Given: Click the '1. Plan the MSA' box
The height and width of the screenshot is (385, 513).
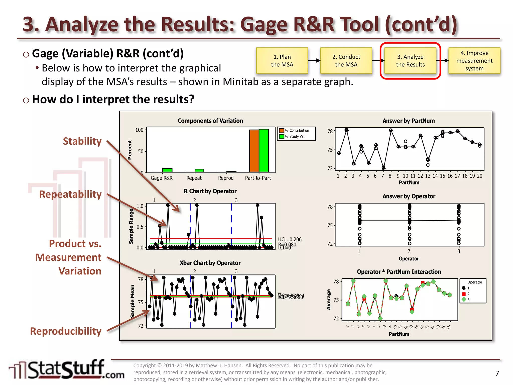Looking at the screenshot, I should click(282, 61).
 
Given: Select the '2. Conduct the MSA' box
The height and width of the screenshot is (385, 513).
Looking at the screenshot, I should click(346, 61).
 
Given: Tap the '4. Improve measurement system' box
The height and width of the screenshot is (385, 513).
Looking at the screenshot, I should click(474, 61).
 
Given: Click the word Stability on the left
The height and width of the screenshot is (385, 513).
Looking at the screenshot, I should click(82, 141).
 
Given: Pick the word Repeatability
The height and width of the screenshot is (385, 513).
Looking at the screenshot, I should click(70, 194).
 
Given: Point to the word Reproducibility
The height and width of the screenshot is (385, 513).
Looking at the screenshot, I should click(66, 331).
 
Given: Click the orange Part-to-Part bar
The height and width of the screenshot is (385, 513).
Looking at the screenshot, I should click(254, 151).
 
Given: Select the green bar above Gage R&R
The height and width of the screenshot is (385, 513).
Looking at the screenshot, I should click(167, 170).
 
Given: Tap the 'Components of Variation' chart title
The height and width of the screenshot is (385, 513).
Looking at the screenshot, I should click(210, 121).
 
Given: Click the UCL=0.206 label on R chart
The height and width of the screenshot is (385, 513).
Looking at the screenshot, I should click(290, 239).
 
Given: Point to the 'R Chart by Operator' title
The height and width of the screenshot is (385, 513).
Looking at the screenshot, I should click(210, 191).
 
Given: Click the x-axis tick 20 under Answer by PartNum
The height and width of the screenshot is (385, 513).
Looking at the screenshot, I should click(479, 176).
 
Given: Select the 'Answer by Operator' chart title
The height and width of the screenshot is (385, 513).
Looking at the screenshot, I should click(409, 196).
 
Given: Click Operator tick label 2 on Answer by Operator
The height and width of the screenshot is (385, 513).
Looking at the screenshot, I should click(409, 251).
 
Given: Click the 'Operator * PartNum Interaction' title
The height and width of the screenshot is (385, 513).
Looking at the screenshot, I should click(399, 272).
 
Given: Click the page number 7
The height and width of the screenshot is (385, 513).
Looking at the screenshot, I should click(497, 373).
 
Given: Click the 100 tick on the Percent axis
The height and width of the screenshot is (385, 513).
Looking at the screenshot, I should click(139, 130).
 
